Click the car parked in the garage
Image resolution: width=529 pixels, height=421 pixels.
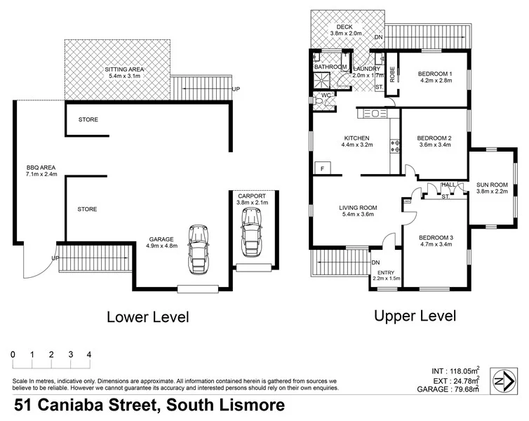tap(199, 250)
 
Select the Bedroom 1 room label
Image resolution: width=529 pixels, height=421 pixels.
tap(435, 74)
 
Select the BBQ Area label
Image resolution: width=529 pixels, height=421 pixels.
tap(40, 168)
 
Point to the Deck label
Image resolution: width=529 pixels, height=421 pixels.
tap(344, 26)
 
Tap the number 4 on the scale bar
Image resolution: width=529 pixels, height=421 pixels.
tap(89, 354)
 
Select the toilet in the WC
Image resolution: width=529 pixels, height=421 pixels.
tap(319, 102)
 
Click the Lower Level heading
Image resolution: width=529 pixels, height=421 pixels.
tap(147, 316)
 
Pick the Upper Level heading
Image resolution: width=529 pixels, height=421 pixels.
tap(415, 315)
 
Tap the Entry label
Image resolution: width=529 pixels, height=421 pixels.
tap(386, 272)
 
